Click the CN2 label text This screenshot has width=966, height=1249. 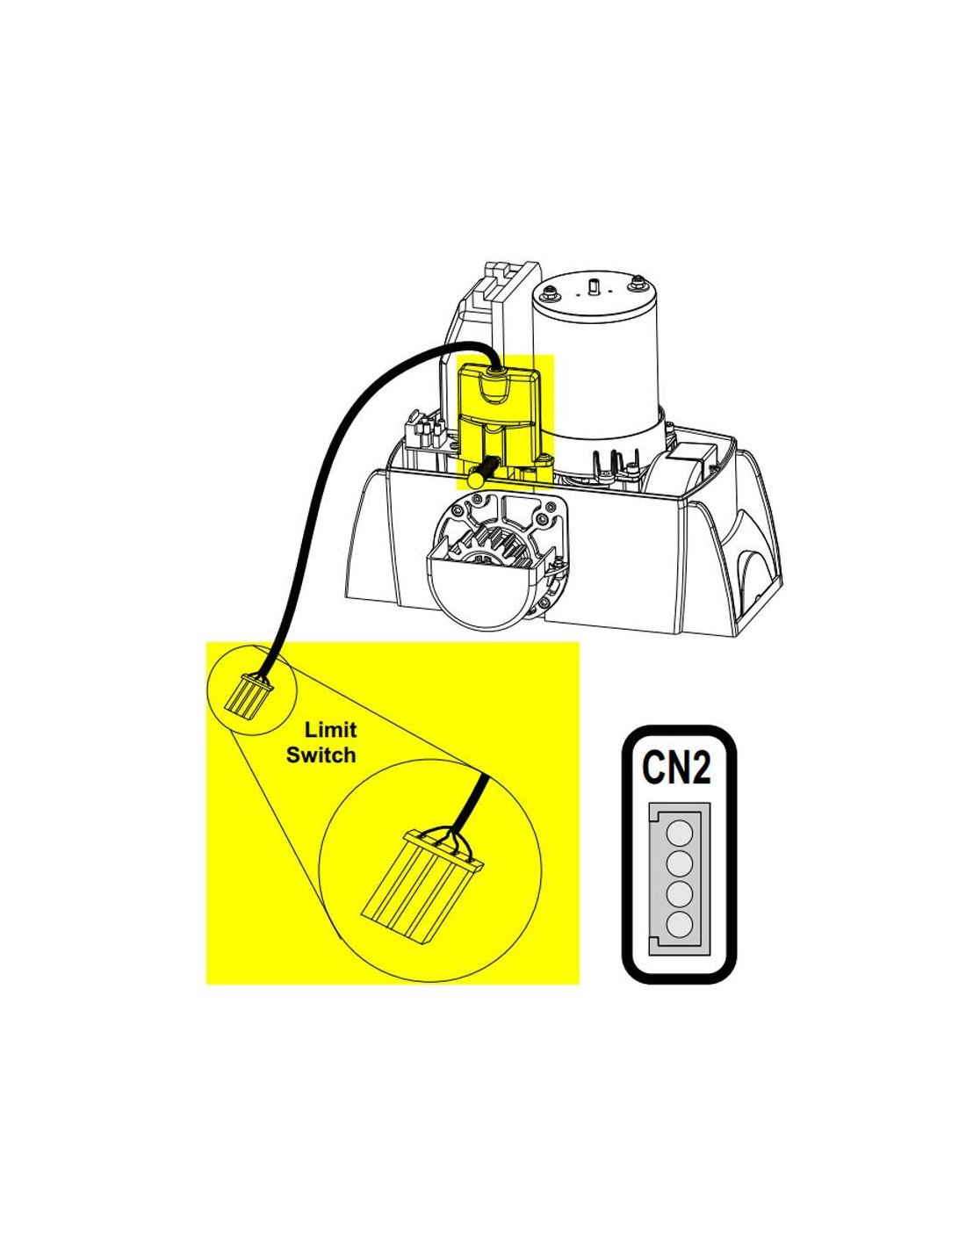[675, 769]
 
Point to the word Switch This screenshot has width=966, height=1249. [321, 754]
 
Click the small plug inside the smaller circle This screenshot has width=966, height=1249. [250, 693]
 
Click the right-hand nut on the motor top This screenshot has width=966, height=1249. [636, 282]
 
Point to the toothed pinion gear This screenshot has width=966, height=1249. [500, 547]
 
